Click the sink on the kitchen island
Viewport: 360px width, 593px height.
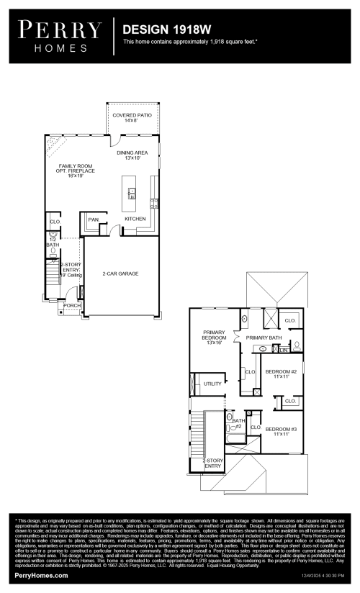[132, 192]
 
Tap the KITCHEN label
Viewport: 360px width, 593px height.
[135, 219]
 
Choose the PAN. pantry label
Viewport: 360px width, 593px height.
[94, 219]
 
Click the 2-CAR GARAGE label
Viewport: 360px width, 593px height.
[120, 273]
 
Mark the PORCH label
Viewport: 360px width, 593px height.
[71, 305]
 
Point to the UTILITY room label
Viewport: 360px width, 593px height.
[212, 384]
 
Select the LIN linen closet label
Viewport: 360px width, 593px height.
[284, 350]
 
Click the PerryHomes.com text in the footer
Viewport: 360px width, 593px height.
[42, 576]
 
